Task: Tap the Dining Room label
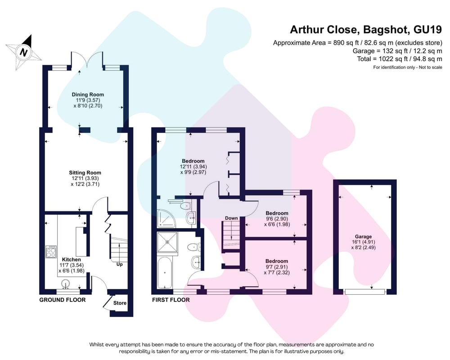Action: [88, 94]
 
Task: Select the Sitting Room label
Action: [85, 172]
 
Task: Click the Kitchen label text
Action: [72, 260]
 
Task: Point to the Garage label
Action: [363, 237]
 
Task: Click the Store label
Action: [120, 303]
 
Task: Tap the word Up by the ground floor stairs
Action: [119, 264]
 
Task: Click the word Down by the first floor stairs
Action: [231, 218]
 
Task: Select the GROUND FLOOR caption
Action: [62, 300]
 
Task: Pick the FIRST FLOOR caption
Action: [171, 300]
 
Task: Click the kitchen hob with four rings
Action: [51, 252]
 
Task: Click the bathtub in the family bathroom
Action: [164, 272]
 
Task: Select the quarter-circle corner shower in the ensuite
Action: [166, 219]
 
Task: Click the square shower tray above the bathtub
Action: [167, 242]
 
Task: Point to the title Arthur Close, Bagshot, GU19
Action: [366, 30]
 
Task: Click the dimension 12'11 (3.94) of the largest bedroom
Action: [193, 166]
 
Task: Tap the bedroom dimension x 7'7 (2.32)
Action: [277, 272]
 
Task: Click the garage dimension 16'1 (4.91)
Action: [363, 242]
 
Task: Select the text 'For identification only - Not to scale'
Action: [408, 67]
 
